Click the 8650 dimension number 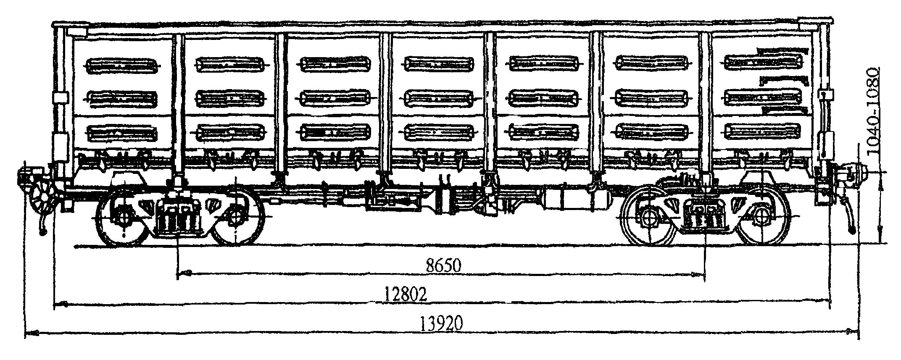[443, 265]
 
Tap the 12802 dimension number [406, 294]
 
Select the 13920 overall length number [441, 323]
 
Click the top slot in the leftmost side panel [122, 65]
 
